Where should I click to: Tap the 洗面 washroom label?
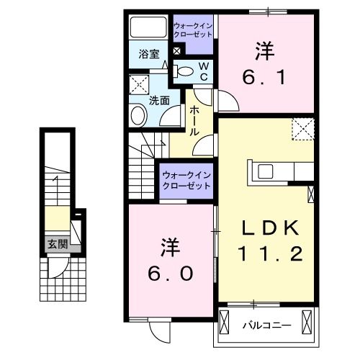tap(159, 101)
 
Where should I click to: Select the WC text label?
tap(203, 71)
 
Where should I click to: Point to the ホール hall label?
tap(194, 122)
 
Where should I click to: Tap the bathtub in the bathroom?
tap(148, 29)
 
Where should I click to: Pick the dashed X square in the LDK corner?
tap(302, 129)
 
